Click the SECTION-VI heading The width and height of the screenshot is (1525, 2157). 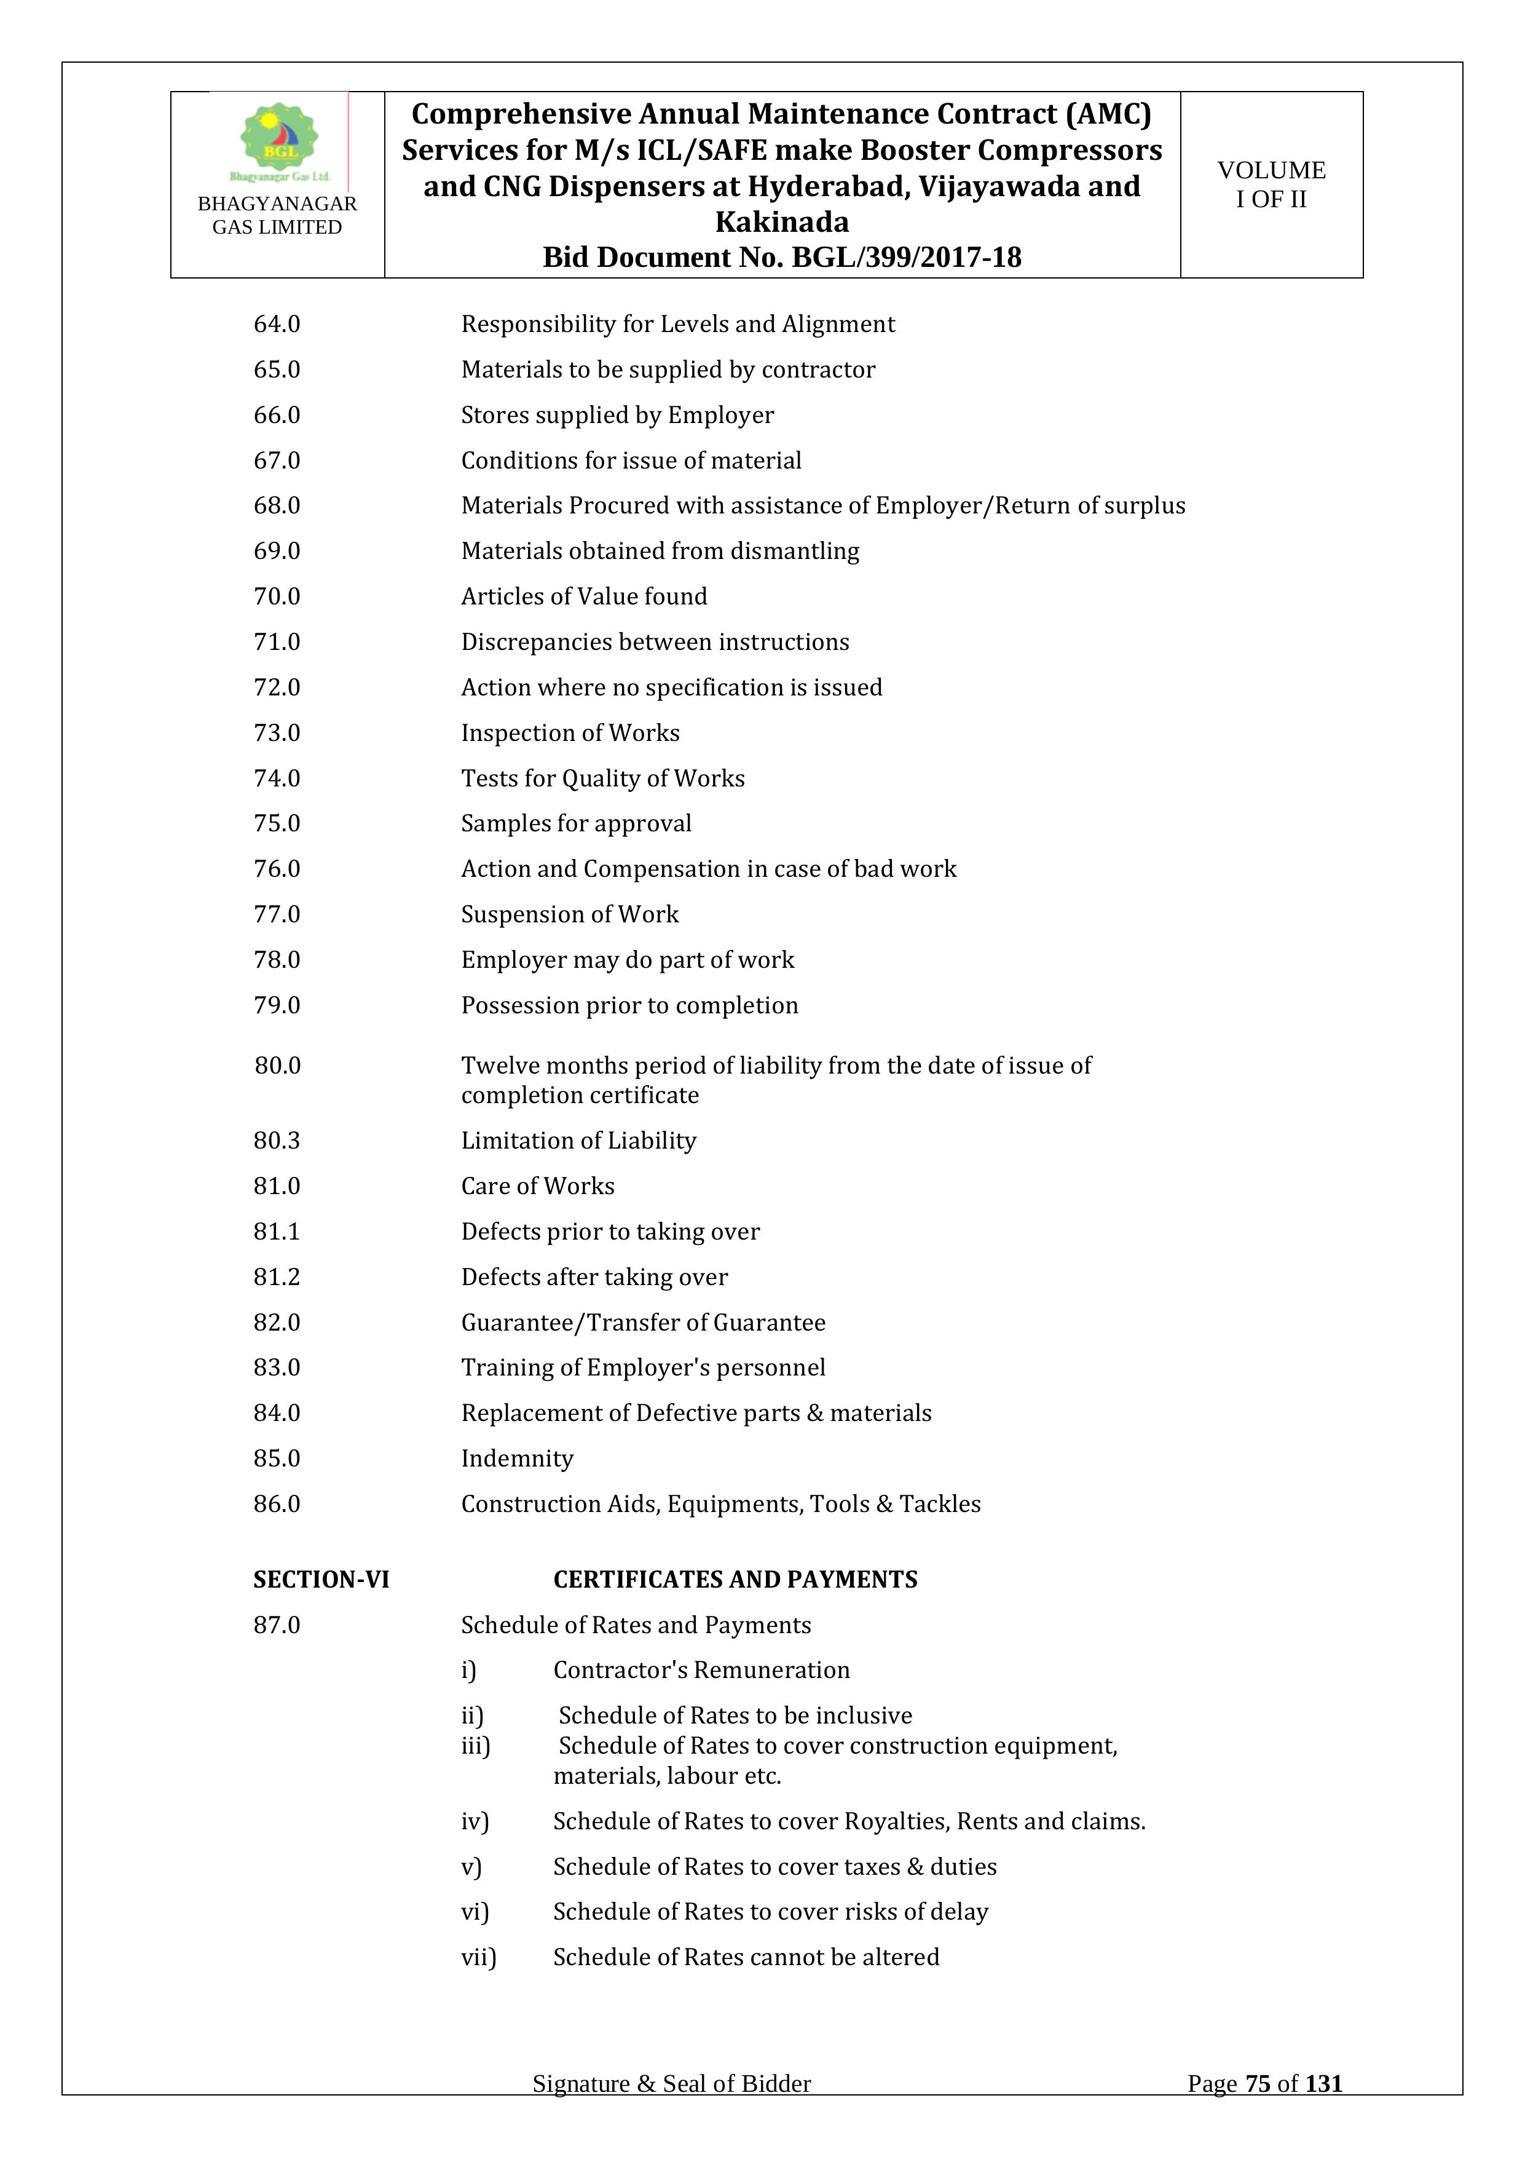pos(321,1580)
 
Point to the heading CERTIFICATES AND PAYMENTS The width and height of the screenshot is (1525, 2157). pos(735,1580)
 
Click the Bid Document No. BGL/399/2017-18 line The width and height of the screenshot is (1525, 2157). pos(781,258)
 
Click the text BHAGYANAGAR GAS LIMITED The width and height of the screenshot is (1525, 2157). pos(277,215)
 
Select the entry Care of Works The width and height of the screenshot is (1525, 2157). pos(537,1187)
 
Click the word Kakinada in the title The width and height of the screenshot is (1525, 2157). pos(781,223)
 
